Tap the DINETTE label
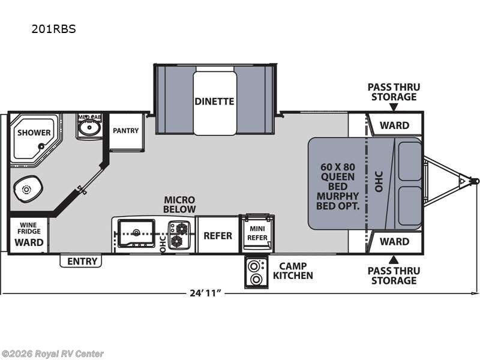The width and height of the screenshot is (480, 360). (x=214, y=101)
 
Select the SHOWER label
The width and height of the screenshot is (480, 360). (x=34, y=133)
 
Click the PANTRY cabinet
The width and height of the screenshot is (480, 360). (x=126, y=131)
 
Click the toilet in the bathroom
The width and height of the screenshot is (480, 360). (x=27, y=190)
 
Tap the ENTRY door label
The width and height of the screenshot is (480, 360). (x=81, y=261)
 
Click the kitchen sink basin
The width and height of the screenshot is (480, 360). (x=135, y=232)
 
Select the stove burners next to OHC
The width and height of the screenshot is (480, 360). (x=179, y=235)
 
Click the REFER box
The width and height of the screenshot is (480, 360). (x=217, y=235)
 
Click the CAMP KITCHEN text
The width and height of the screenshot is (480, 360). (x=293, y=271)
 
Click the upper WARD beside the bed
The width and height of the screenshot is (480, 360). (x=394, y=125)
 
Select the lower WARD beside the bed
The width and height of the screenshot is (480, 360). (x=394, y=241)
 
